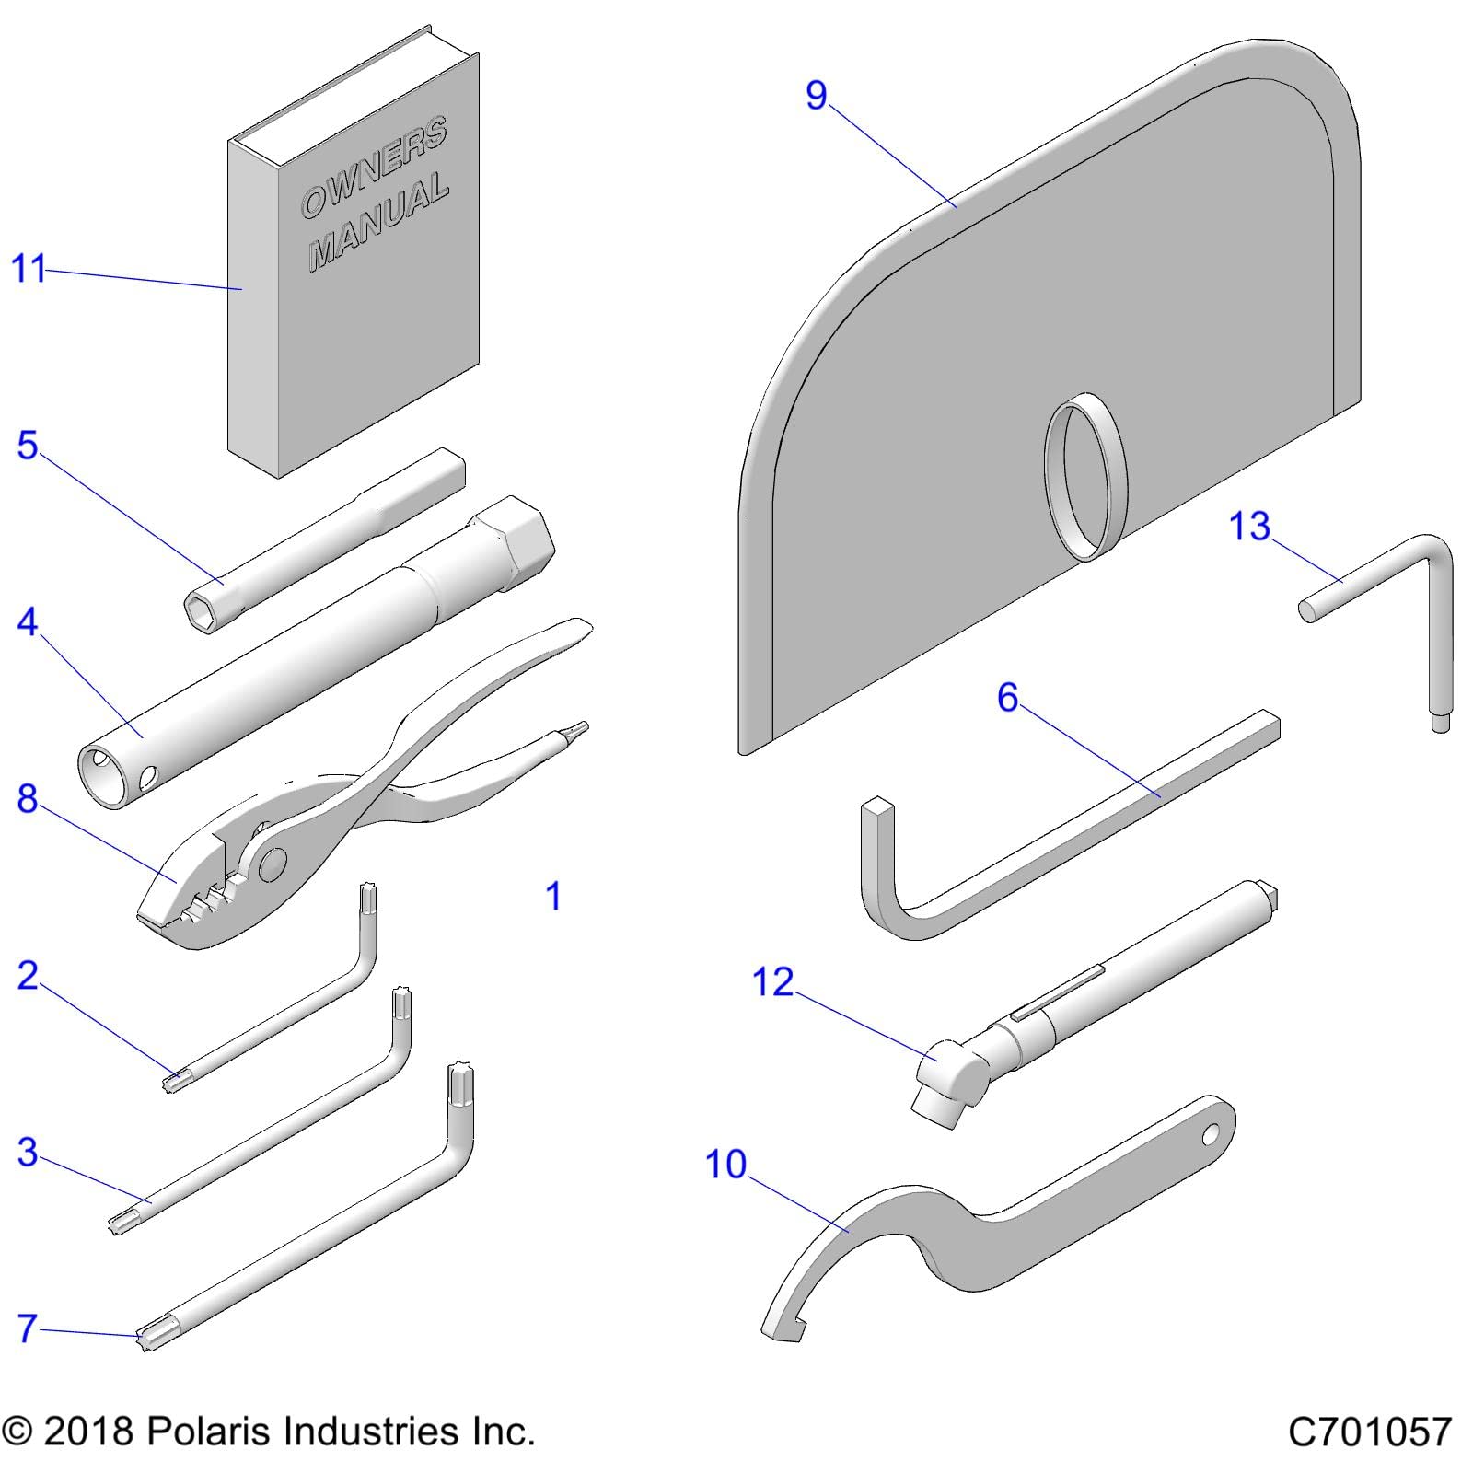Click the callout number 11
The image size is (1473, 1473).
[28, 269]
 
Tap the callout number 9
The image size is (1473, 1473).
[817, 95]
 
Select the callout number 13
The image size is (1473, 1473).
[1249, 527]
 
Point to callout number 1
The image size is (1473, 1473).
[553, 896]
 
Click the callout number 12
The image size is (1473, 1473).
[772, 982]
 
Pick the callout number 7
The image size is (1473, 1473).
[28, 1328]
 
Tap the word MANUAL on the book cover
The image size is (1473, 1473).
[378, 224]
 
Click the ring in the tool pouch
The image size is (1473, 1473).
[1086, 476]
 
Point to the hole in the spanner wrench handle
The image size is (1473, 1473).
[1212, 1134]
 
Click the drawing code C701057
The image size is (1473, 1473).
[1369, 1432]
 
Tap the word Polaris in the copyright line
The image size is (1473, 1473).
[206, 1432]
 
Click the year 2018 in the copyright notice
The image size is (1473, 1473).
[88, 1432]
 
